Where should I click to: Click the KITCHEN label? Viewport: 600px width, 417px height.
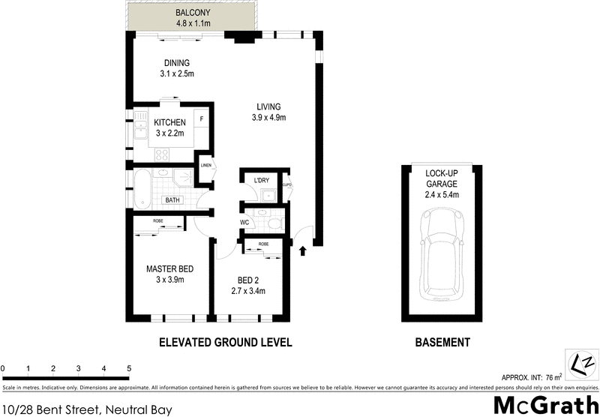170,122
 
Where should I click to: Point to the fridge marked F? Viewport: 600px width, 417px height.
201,119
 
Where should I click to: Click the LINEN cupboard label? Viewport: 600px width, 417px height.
205,164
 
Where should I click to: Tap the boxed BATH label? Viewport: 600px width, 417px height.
172,200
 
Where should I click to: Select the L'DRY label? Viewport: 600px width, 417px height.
262,181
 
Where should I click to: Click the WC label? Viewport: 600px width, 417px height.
244,223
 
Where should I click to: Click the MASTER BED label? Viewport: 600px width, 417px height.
170,268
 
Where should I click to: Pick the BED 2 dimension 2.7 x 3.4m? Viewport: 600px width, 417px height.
248,291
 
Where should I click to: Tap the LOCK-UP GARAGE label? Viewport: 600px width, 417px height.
441,177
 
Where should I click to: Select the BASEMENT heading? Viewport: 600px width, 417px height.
442,343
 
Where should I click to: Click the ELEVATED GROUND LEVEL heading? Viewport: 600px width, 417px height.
225,343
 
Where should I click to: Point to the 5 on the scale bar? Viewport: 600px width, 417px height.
129,369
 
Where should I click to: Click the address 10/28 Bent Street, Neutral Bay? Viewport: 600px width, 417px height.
87,409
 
